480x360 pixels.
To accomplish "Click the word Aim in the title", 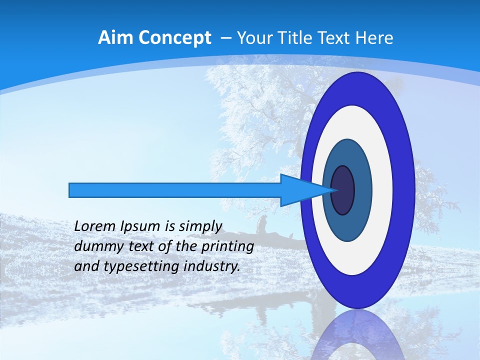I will (115, 38).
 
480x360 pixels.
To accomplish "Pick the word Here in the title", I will (374, 38).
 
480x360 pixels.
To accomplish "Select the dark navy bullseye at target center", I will (342, 190).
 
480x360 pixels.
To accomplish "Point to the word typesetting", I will (133, 266).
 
